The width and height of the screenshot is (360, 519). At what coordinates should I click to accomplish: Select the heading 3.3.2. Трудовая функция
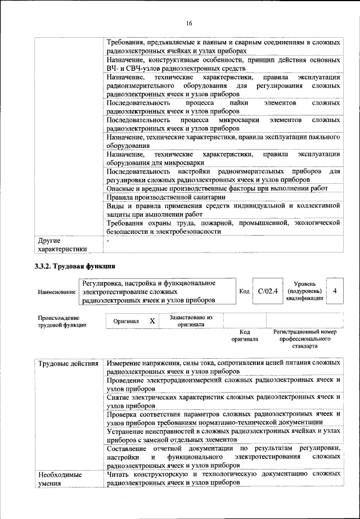click(75, 265)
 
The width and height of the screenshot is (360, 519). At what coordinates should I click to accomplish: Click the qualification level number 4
click(335, 291)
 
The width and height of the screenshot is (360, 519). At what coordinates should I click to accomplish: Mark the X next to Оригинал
click(152, 321)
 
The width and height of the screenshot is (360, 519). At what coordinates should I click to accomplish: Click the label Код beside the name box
click(244, 291)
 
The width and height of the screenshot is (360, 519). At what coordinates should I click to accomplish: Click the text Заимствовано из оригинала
click(191, 321)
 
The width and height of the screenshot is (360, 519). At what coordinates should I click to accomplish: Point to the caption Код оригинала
click(244, 336)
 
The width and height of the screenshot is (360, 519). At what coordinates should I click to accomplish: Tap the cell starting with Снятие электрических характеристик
click(223, 400)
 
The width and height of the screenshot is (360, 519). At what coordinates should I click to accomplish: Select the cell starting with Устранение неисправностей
click(223, 435)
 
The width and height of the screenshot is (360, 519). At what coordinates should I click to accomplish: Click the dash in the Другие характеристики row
click(108, 241)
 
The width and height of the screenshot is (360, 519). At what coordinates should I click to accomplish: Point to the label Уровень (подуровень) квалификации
click(304, 291)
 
